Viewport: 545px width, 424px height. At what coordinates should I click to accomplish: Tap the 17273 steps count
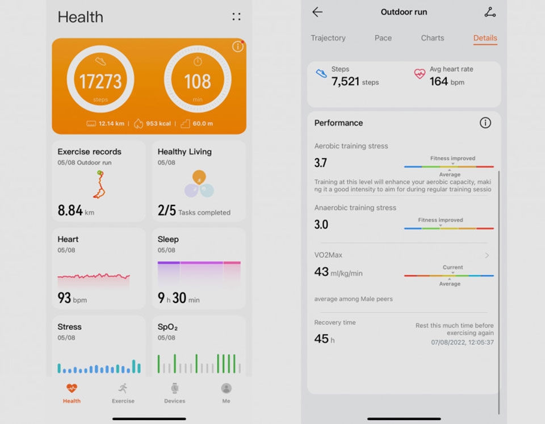tap(100, 82)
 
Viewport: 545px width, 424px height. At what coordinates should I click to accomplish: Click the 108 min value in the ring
tap(198, 82)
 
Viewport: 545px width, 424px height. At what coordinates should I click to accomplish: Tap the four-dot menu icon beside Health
tap(236, 17)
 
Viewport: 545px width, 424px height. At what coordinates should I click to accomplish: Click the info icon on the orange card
tap(237, 47)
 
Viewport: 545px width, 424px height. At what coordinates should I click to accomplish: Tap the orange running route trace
tap(99, 184)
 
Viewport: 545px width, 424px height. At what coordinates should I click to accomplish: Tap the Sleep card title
tap(168, 240)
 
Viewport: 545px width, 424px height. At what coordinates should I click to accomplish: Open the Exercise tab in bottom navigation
tap(123, 392)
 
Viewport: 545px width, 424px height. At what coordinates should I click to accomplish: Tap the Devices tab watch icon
tap(175, 388)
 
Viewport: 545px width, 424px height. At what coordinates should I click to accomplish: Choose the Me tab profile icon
tap(226, 388)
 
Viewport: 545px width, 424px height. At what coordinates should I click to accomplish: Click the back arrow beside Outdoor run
tap(317, 12)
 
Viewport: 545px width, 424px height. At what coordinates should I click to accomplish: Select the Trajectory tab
tap(328, 38)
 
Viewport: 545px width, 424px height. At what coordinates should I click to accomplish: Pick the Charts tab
tap(433, 38)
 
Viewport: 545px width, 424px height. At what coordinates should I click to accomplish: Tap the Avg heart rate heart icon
tap(420, 74)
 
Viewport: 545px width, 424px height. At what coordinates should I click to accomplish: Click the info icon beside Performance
tap(485, 123)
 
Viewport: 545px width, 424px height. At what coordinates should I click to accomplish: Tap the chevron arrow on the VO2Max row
tap(487, 255)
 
